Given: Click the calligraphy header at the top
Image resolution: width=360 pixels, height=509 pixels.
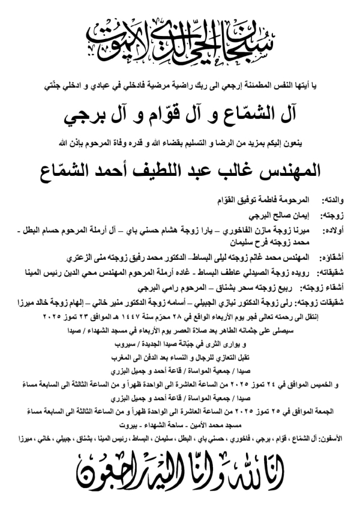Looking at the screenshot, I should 180,37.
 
